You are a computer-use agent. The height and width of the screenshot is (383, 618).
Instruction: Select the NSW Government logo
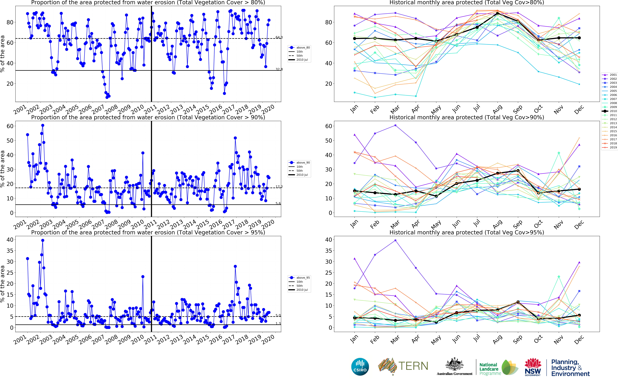point(533,367)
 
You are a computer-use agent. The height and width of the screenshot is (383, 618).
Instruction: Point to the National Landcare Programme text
point(490,369)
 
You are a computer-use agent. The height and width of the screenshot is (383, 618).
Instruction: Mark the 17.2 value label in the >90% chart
point(279,187)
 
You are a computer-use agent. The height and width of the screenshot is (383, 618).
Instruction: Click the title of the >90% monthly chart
point(467,117)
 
